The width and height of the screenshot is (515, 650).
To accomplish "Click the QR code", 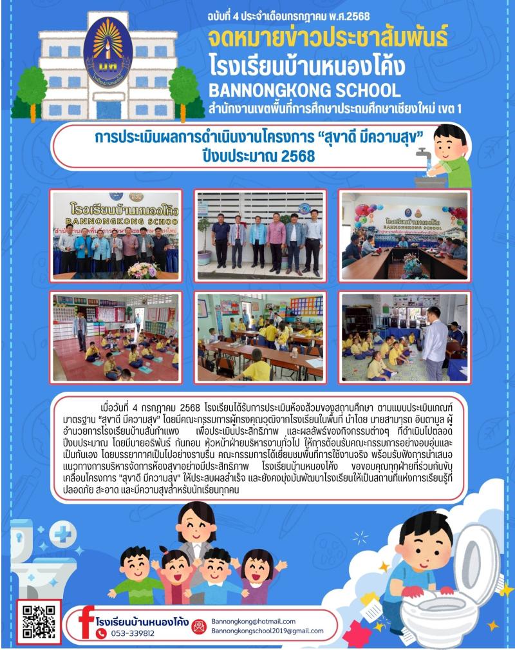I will [x=39, y=621].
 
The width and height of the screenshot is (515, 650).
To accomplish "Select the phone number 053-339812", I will [x=135, y=633].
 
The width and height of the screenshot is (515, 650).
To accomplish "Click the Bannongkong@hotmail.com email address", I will [x=253, y=621].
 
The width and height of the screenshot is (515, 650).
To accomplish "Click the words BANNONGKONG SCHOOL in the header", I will [x=304, y=90].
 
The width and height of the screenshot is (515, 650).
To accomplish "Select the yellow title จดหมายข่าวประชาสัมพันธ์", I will [x=328, y=39].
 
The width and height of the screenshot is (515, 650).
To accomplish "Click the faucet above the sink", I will [x=422, y=155].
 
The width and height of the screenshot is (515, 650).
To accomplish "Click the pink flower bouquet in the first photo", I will [x=142, y=269].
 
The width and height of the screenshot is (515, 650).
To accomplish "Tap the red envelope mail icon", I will [x=200, y=626].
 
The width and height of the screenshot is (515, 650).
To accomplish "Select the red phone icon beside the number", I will [x=101, y=633].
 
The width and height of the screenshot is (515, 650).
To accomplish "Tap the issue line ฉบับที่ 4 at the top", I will [x=289, y=15].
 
